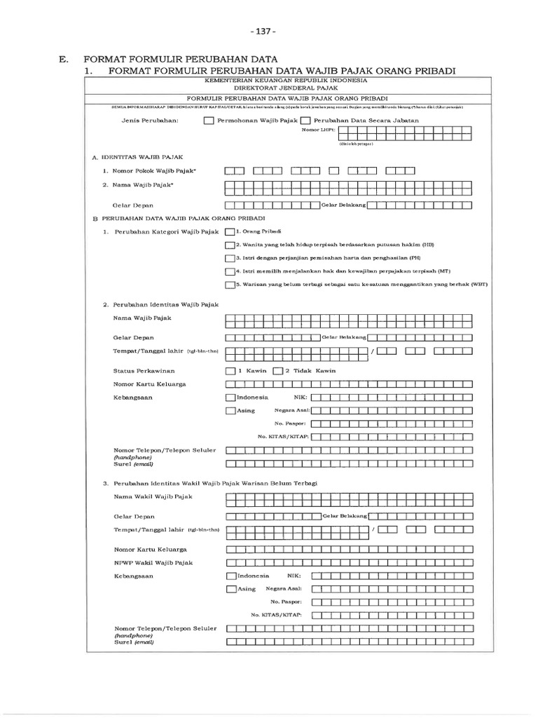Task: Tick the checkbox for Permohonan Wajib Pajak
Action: [209, 121]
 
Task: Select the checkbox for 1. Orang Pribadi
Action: [230, 231]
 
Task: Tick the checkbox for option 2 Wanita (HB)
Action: [230, 245]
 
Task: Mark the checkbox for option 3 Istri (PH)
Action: [230, 258]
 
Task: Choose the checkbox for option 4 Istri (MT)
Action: [230, 271]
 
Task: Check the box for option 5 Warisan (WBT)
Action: [230, 285]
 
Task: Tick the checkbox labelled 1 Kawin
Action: [230, 370]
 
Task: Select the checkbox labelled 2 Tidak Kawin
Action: [277, 370]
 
